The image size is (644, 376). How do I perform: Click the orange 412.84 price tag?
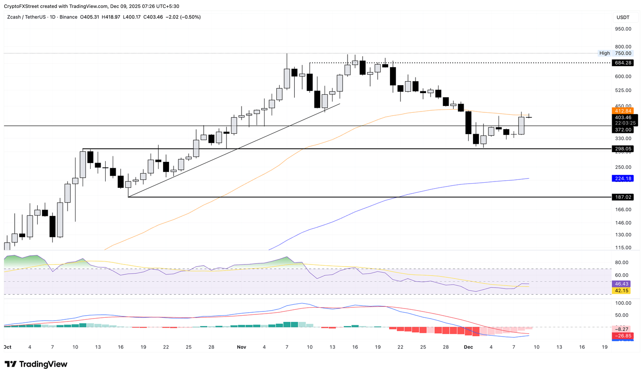click(x=623, y=111)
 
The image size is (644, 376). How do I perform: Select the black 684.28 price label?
click(x=623, y=63)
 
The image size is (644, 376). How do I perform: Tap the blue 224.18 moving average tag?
click(x=623, y=179)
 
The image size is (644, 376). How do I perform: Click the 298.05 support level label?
click(x=623, y=149)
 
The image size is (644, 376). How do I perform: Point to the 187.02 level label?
click(x=623, y=197)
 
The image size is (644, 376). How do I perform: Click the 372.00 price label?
click(x=623, y=130)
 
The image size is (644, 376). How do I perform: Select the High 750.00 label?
click(x=615, y=53)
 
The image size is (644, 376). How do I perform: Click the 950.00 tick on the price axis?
click(x=623, y=29)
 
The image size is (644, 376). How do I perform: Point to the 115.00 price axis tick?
click(x=623, y=248)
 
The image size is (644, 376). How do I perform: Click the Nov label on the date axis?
click(x=241, y=347)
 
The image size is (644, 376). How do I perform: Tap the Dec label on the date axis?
click(x=468, y=347)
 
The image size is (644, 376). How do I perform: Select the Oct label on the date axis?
click(x=7, y=347)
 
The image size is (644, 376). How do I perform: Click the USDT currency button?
click(x=623, y=17)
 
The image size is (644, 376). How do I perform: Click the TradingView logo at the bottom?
click(x=36, y=364)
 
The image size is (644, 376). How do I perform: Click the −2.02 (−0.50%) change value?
click(x=183, y=17)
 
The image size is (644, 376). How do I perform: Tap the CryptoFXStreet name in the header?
click(x=21, y=6)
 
